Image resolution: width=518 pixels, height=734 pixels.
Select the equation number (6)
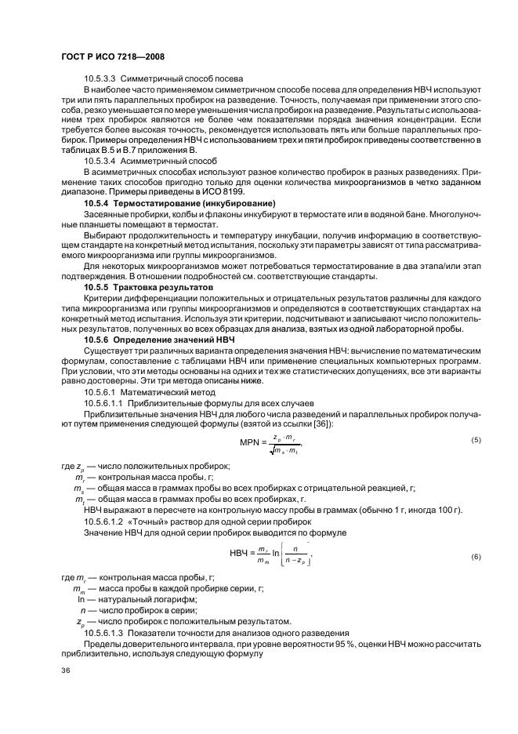point(476,557)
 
